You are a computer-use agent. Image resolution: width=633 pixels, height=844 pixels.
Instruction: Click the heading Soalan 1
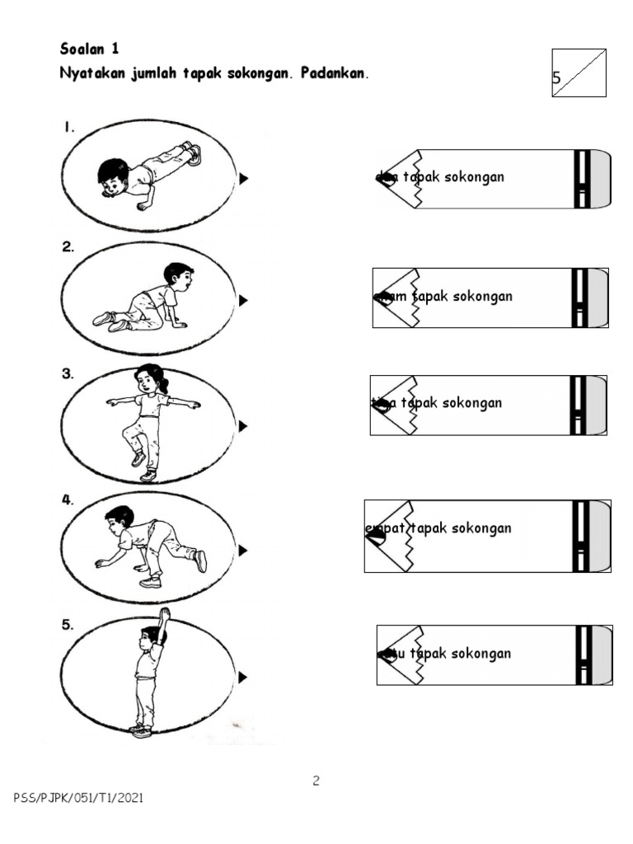(90, 49)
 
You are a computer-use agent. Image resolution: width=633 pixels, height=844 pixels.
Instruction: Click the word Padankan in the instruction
(335, 73)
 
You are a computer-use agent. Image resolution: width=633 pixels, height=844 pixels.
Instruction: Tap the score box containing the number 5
(579, 73)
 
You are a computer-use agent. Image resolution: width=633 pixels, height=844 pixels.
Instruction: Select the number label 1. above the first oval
(69, 128)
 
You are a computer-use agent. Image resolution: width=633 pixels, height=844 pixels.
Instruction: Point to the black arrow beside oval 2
(243, 301)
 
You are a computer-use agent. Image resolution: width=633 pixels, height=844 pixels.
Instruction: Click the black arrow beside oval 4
(243, 550)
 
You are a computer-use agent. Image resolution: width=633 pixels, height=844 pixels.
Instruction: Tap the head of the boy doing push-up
(111, 176)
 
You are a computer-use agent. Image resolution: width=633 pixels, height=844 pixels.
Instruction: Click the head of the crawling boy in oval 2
(177, 274)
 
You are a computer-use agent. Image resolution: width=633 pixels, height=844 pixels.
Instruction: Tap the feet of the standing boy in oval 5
(141, 730)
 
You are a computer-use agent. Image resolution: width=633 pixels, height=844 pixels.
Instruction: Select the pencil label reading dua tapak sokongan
(492, 178)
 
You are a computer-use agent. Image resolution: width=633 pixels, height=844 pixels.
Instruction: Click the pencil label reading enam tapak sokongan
(490, 298)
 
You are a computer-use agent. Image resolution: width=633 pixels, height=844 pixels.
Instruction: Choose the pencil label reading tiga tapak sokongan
(488, 405)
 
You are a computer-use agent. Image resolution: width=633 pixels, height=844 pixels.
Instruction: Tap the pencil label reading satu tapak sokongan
(494, 654)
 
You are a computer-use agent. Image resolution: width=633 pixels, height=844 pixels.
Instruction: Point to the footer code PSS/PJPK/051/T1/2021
(82, 798)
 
